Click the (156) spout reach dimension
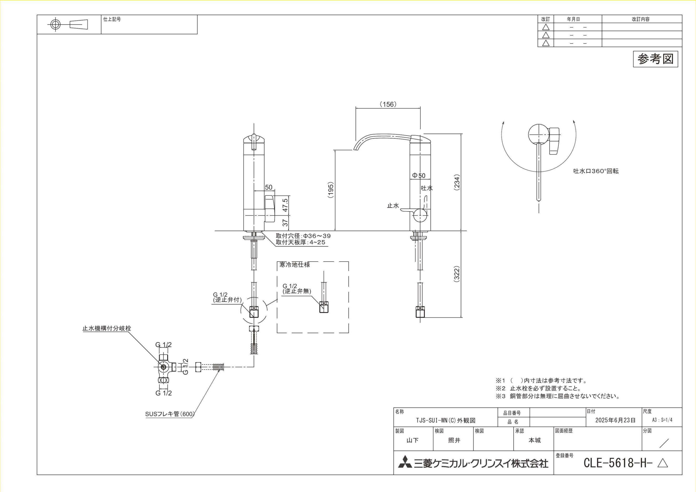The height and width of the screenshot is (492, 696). point(388,104)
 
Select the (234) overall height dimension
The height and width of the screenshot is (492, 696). point(457,182)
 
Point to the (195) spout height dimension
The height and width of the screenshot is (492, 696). point(331,190)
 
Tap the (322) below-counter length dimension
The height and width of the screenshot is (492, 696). point(457,274)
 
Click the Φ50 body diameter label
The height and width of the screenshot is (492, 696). point(419,175)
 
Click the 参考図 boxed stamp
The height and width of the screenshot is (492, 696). point(655,59)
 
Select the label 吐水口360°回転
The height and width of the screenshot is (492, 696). point(596,171)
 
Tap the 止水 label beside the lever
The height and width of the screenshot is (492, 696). point(393,205)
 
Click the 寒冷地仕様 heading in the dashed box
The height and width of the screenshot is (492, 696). point(295,265)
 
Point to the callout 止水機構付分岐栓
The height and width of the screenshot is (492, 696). point(107,328)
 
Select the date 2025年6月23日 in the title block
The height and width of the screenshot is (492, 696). point(615,420)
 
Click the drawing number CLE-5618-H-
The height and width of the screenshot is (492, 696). point(618,463)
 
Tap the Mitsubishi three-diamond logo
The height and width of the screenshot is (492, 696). point(405,463)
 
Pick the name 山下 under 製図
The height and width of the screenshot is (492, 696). point(412,440)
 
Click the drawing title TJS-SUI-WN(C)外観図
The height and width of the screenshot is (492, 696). point(446,420)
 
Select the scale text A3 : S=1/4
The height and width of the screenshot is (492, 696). point(662,420)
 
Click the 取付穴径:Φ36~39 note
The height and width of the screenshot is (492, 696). point(303,236)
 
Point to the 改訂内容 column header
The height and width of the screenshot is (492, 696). point(641,19)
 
